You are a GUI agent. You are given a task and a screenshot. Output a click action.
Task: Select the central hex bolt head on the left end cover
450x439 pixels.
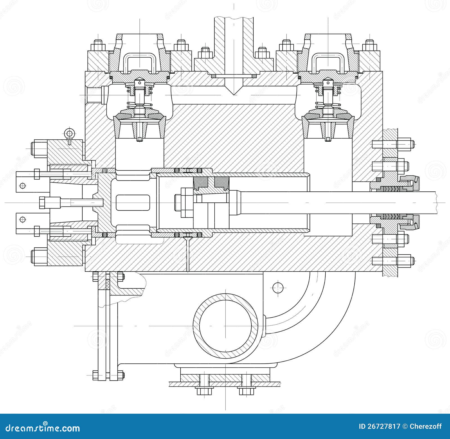(x=42, y=202)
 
